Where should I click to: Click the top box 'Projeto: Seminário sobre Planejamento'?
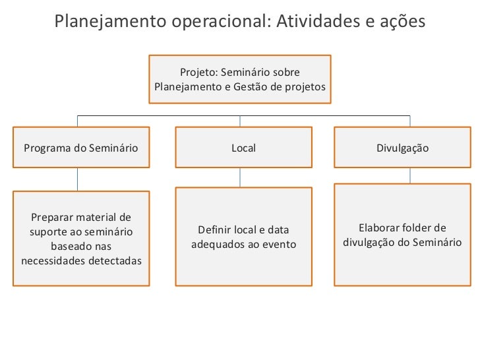(239, 79)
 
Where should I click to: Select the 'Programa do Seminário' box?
(81, 148)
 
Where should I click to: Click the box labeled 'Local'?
(243, 148)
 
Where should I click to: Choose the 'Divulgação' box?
(402, 148)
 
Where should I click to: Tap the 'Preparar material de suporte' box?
(81, 238)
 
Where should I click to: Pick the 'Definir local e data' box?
(243, 237)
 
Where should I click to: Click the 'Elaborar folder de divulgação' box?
(402, 235)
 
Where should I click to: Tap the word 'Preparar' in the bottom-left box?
(51, 218)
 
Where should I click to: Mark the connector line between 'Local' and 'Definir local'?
(240, 177)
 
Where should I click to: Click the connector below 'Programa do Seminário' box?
(78, 179)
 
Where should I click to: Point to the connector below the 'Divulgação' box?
(410, 175)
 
